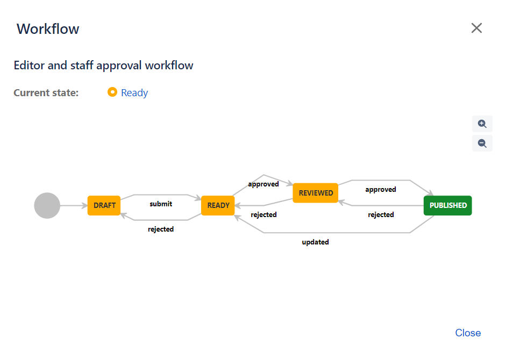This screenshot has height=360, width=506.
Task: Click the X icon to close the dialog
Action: click(476, 28)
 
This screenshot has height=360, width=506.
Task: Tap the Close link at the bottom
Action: click(468, 333)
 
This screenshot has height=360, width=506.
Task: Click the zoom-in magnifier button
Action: click(482, 124)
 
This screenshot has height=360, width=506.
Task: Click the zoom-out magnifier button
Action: click(482, 143)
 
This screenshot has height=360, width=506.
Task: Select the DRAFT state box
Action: click(104, 205)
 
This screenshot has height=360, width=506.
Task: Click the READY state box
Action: click(218, 205)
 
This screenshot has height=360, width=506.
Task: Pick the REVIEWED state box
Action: click(316, 193)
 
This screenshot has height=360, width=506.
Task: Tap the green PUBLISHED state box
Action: click(448, 205)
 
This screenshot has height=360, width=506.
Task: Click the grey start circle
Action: click(47, 205)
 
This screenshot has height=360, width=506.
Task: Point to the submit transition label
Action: click(161, 204)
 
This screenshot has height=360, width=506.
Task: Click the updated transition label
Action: click(315, 242)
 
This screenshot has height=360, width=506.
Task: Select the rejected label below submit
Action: click(161, 229)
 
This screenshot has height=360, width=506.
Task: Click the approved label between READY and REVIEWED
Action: click(263, 184)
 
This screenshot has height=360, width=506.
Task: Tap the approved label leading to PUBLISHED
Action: click(381, 189)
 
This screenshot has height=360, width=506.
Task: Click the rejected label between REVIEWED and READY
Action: click(263, 214)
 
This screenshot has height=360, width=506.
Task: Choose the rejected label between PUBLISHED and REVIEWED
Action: click(381, 214)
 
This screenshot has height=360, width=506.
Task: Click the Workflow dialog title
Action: click(48, 29)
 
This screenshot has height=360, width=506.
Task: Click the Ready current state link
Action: click(134, 93)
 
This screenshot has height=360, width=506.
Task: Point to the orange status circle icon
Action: click(112, 92)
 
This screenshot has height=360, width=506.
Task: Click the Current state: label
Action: click(46, 93)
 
